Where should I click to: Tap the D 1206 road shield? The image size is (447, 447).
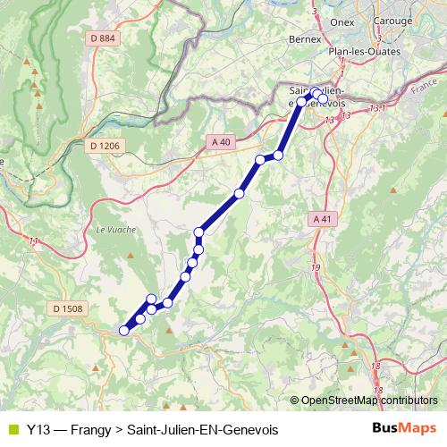tap(105, 146)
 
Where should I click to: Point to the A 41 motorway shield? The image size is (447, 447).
tap(323, 219)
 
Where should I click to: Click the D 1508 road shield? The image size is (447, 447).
tap(67, 308)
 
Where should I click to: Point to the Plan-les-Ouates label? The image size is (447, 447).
tap(363, 51)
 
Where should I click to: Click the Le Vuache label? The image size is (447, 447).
tap(114, 230)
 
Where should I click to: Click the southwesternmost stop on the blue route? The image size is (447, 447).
tap(124, 331)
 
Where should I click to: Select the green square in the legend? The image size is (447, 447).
tap(13, 430)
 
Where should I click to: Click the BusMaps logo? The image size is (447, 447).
tap(405, 428)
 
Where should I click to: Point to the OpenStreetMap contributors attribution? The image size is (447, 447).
tap(369, 401)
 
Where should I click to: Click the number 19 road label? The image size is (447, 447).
tap(316, 267)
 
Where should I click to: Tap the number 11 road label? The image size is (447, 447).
tap(34, 241)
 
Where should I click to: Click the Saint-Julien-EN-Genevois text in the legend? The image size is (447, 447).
tap(203, 430)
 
